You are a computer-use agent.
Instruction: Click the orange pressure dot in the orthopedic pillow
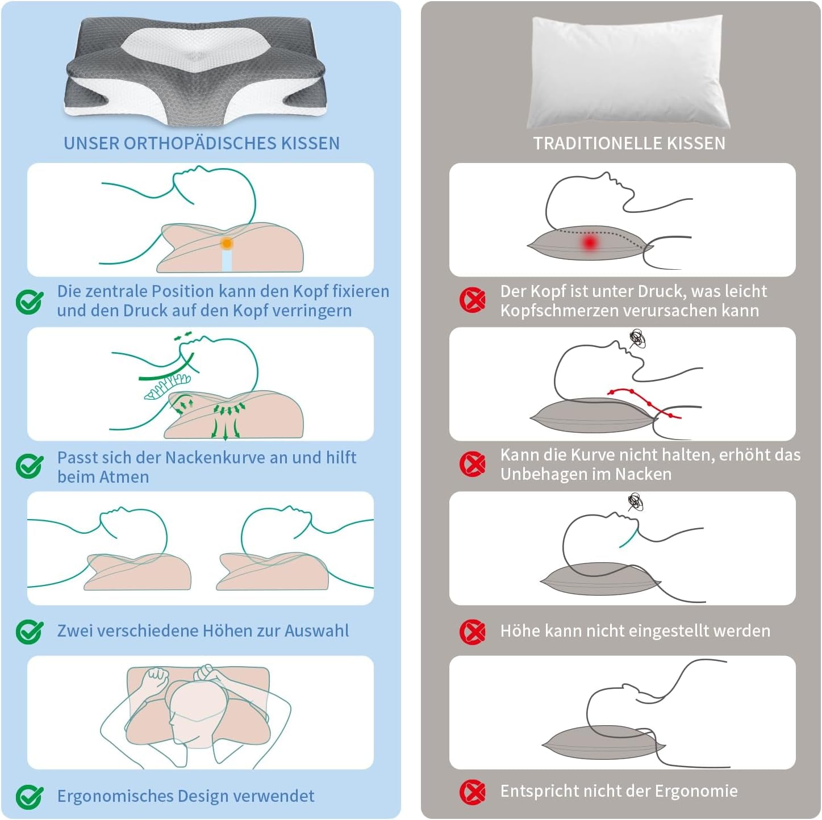click(x=227, y=244)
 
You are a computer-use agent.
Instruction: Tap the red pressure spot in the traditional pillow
click(x=590, y=243)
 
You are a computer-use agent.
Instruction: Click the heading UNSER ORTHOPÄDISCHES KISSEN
click(x=201, y=143)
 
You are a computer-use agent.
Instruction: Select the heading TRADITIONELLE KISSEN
click(x=629, y=143)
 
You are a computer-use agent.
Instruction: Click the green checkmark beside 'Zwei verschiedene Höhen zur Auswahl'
click(x=30, y=631)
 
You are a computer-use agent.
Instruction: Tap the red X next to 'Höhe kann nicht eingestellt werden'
click(x=473, y=631)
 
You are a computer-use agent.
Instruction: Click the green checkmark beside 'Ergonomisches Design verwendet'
click(x=30, y=796)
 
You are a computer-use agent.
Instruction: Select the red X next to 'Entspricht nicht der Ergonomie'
click(x=473, y=791)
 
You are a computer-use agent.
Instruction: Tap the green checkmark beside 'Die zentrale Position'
click(x=30, y=302)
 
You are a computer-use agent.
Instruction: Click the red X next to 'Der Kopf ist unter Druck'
click(x=473, y=300)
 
